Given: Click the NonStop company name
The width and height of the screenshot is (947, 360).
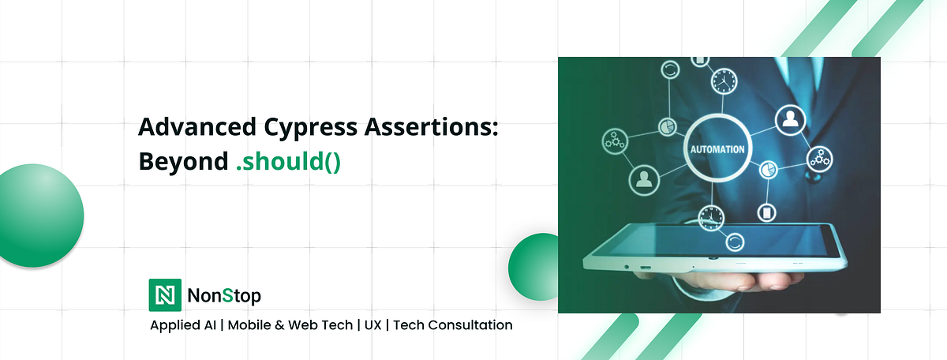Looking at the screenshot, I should click(x=224, y=296).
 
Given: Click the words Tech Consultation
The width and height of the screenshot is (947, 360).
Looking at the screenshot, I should click(x=452, y=324).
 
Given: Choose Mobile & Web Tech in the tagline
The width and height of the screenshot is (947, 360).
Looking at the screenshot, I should click(x=290, y=324).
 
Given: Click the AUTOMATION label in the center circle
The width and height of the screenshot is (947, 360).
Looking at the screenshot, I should click(x=717, y=148).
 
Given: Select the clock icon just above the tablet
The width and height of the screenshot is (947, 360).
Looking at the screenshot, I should click(x=712, y=215).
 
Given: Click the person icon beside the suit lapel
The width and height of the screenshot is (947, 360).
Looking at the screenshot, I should click(x=788, y=119).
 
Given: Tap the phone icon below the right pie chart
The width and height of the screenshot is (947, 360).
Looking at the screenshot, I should click(x=766, y=212).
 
